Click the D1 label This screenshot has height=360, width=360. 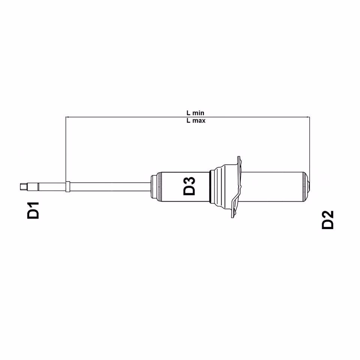pos(33,211)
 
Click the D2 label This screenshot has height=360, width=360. pos(328,220)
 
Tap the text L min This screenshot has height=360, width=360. pos(195,112)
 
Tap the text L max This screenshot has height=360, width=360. pos(195,121)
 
